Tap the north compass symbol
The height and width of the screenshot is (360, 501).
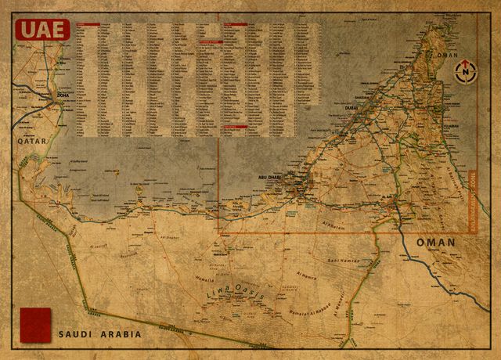[x=466, y=72]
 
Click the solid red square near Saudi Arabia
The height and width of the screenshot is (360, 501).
[x=34, y=324]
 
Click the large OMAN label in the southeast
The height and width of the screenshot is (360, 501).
[x=435, y=243]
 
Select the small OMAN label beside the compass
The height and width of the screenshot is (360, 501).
[x=445, y=56]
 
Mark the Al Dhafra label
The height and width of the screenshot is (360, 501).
[x=170, y=237]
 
